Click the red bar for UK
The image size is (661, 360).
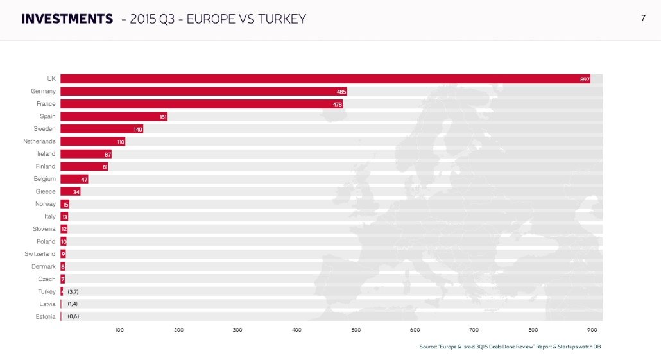coord(321,79)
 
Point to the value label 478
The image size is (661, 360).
coord(338,104)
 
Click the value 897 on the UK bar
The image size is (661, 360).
coord(585,79)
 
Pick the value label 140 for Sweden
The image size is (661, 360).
coord(138,129)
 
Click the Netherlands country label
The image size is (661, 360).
coord(40,141)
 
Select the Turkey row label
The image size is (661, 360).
coord(47,291)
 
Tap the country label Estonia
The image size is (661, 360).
coord(45,316)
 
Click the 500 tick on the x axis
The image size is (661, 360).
coord(356,330)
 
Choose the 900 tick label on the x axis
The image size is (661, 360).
coord(592,330)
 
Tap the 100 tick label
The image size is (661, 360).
coord(119,330)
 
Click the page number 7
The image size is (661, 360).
coord(643,18)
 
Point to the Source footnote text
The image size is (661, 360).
coord(510,347)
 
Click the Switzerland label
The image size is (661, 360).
coord(40,254)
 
